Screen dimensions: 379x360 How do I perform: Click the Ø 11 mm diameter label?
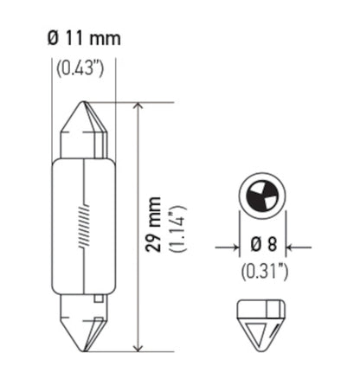[x=83, y=39]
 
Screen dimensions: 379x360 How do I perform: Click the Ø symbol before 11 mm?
[x=51, y=39]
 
